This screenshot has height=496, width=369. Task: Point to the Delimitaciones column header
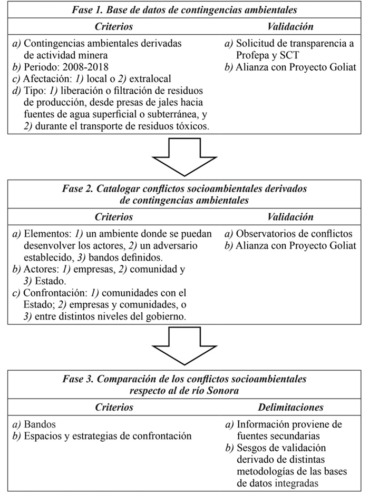[290, 407]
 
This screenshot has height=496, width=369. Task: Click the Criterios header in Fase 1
[113, 26]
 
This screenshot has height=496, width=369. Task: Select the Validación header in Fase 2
[290, 217]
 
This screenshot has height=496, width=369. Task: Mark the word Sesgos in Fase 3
[250, 448]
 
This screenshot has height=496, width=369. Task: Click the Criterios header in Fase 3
[113, 407]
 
